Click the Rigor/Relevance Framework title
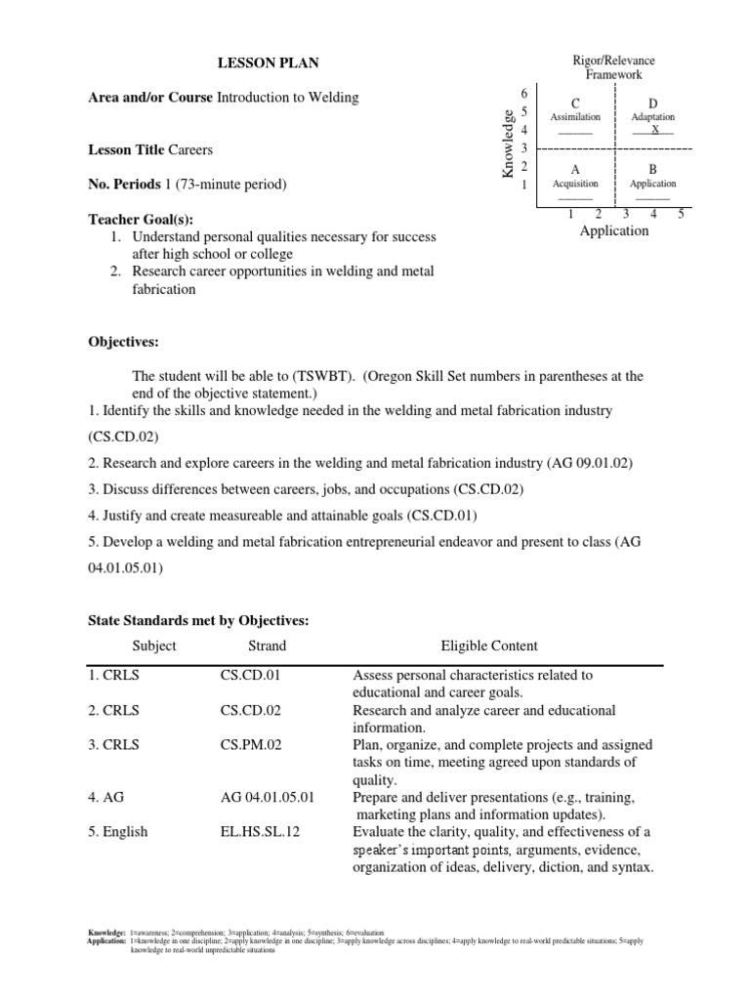click(x=613, y=66)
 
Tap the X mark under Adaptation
click(x=655, y=130)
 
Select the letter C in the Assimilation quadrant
click(x=576, y=103)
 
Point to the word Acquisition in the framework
click(x=575, y=184)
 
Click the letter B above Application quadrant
click(x=652, y=169)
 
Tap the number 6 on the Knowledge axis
click(x=524, y=93)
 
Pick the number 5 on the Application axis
click(x=681, y=214)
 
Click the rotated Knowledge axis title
click(x=507, y=144)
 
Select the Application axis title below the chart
click(x=613, y=231)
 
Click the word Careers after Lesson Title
click(x=190, y=150)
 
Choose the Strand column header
click(x=267, y=646)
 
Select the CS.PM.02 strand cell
click(x=251, y=745)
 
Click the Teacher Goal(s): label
click(x=133, y=221)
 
